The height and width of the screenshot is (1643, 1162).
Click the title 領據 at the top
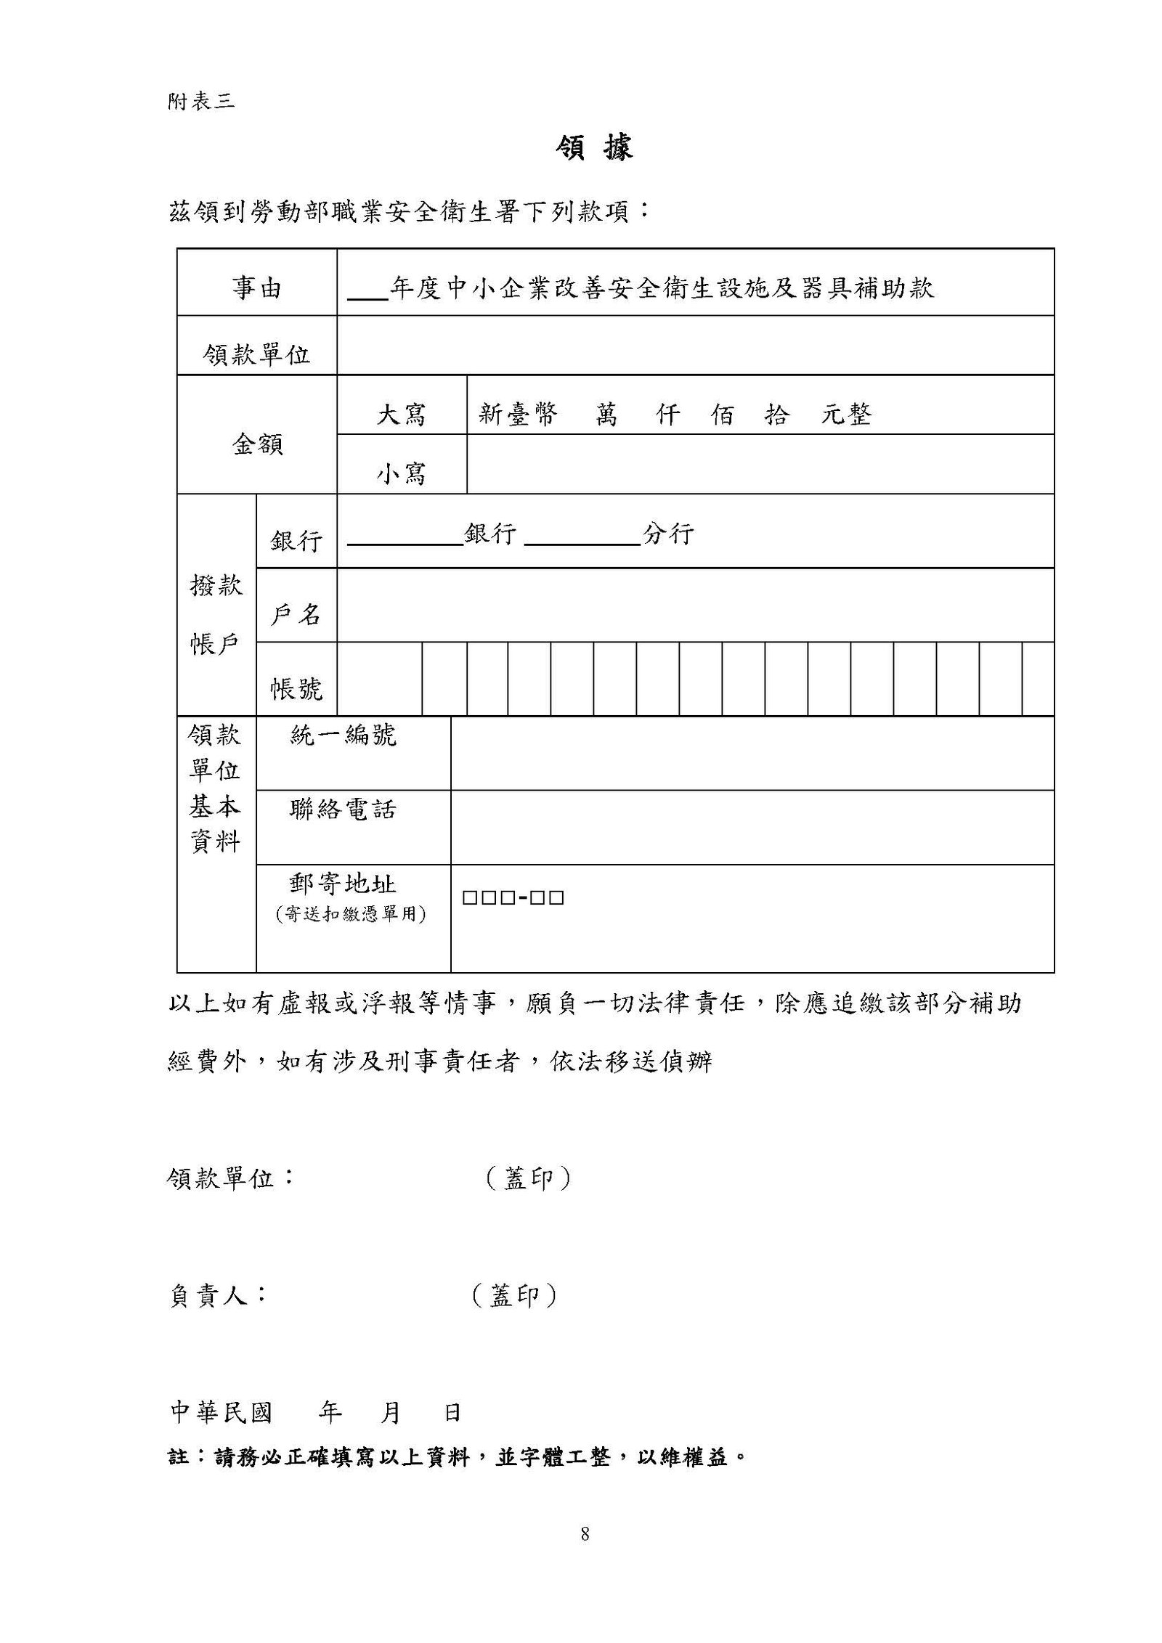coord(593,148)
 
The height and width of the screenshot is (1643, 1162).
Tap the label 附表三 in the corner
coord(201,102)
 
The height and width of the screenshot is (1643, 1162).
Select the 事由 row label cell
coord(256,289)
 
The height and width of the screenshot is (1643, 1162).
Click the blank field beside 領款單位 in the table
coord(695,346)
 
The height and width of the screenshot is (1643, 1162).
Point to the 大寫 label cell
coord(401,415)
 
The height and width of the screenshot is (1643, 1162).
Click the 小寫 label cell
coord(401,473)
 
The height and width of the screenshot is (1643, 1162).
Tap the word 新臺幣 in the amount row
coord(519,415)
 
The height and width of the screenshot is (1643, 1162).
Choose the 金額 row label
coord(257,444)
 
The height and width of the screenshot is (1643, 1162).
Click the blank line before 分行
coord(581,536)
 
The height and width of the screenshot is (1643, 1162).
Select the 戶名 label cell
coord(296,615)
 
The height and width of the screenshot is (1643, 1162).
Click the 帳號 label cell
coord(296,688)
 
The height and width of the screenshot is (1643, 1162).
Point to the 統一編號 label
coord(343,735)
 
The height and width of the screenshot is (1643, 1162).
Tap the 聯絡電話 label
coord(343,809)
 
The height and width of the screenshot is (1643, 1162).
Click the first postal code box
coord(469,898)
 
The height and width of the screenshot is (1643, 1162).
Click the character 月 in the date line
coord(391,1412)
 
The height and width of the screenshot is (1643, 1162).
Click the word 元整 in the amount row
coord(846,415)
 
